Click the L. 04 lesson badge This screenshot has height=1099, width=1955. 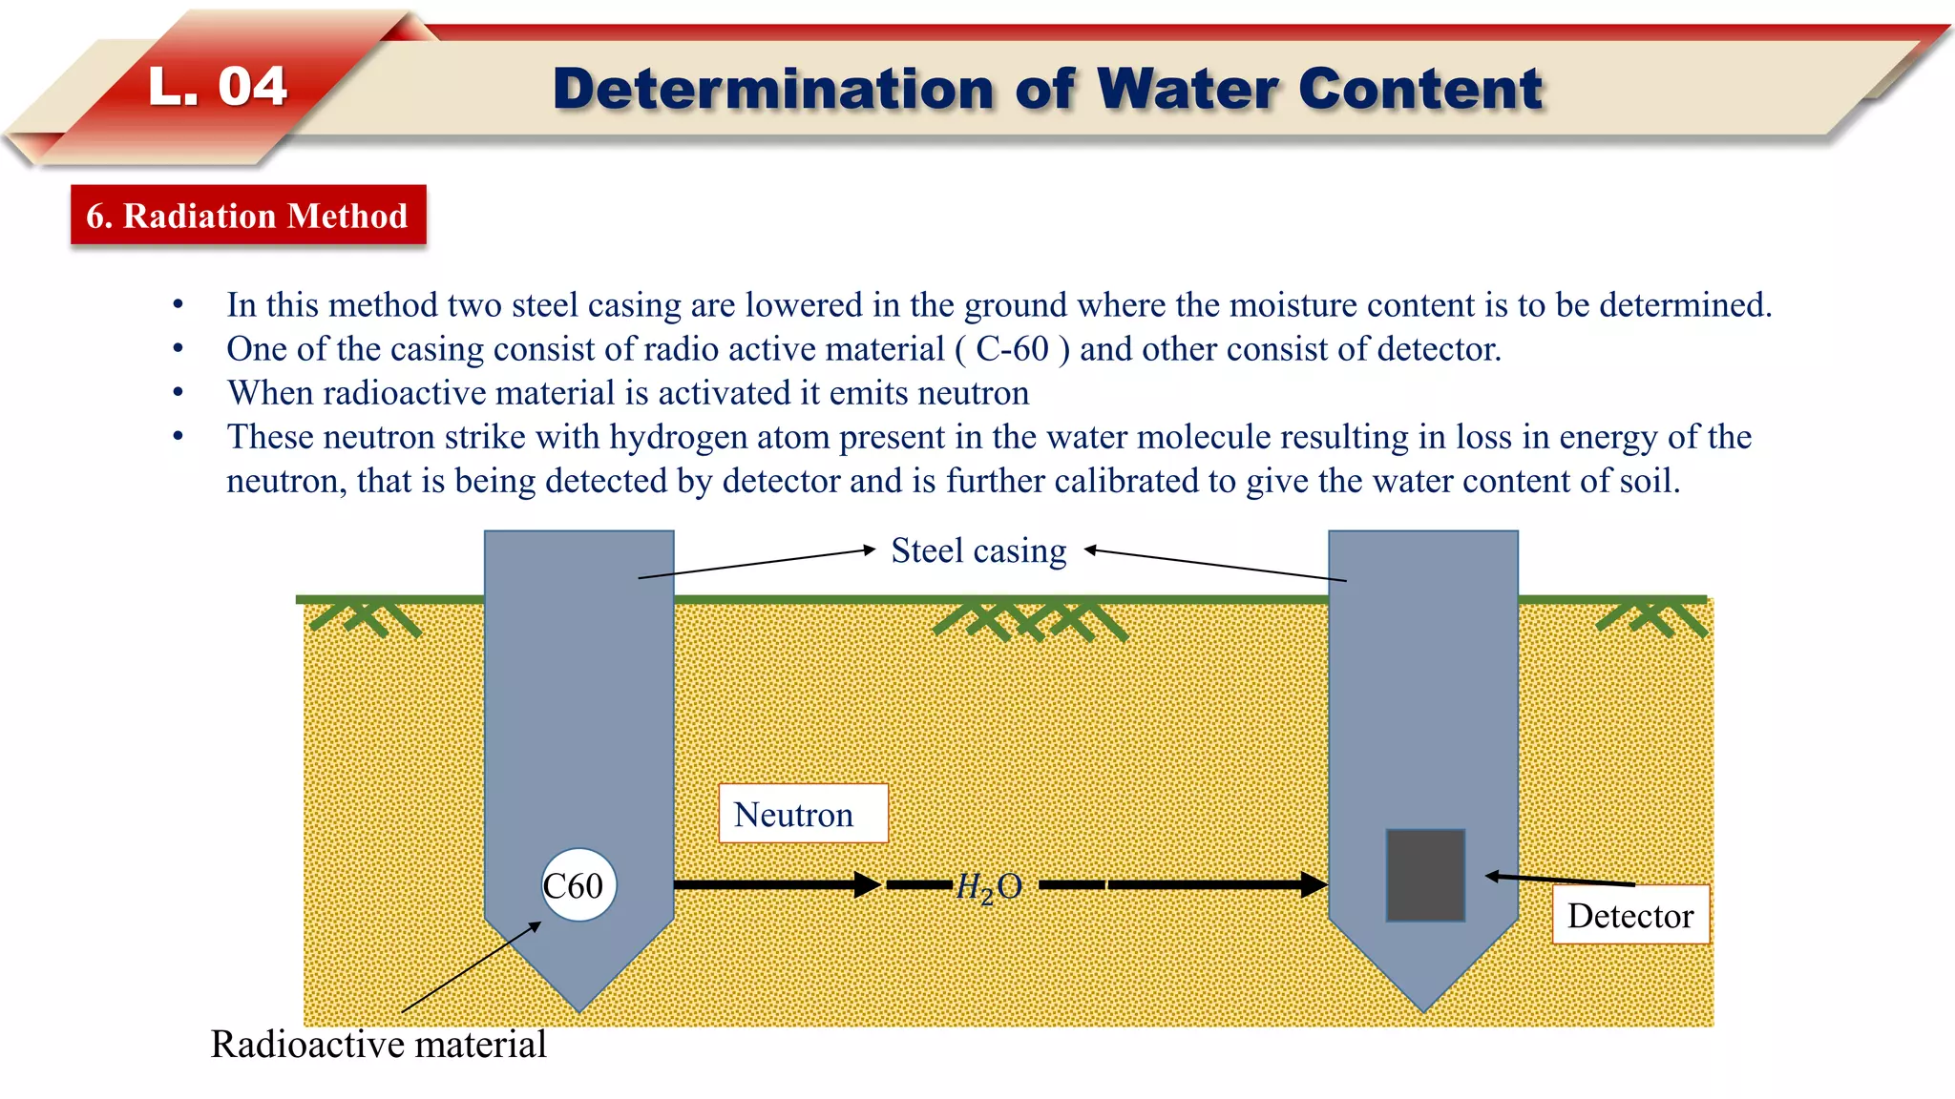(x=218, y=87)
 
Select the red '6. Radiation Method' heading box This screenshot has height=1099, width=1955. (x=248, y=216)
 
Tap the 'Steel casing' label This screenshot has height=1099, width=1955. (x=978, y=550)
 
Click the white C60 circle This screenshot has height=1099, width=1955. (x=578, y=885)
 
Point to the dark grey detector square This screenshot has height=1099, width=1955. (x=1425, y=875)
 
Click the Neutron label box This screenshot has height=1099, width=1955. (x=803, y=814)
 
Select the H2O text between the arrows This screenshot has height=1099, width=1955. (x=989, y=887)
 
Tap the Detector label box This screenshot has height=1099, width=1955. (x=1630, y=915)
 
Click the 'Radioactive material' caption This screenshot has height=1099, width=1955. (x=378, y=1044)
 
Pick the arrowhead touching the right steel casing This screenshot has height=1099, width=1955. (x=1315, y=884)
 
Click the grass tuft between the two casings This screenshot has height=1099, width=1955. (x=1031, y=620)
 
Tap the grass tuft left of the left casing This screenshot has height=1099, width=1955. (x=366, y=618)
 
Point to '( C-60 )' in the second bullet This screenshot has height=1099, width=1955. (x=1012, y=349)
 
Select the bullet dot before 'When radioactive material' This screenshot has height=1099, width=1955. (x=178, y=392)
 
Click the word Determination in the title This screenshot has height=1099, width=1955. (x=774, y=90)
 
